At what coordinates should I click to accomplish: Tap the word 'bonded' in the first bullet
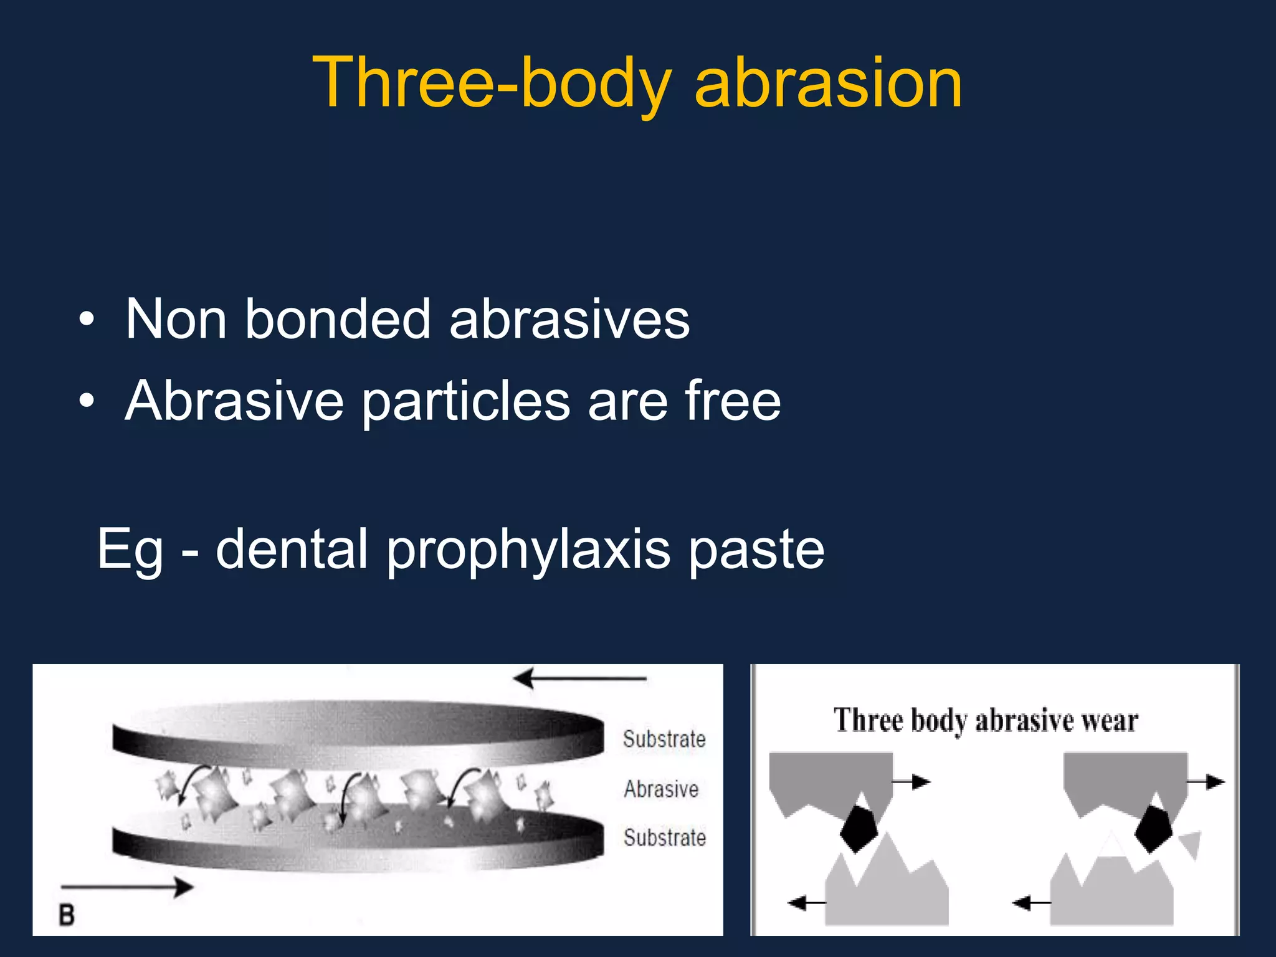tap(337, 319)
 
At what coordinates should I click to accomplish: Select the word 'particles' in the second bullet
tap(465, 402)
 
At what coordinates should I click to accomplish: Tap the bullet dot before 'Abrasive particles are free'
tap(87, 402)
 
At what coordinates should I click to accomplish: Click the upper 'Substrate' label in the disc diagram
tap(664, 740)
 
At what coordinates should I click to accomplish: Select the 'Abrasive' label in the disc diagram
tap(661, 789)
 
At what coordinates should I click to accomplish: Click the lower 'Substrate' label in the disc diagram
tap(665, 838)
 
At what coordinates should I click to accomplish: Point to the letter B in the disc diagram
tap(67, 915)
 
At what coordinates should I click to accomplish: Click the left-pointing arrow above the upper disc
tap(579, 678)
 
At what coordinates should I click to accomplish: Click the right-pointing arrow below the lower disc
tap(128, 887)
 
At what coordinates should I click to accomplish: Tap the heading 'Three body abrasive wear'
tap(986, 721)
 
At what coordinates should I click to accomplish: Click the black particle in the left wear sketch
tap(859, 828)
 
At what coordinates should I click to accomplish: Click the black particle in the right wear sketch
tap(1153, 828)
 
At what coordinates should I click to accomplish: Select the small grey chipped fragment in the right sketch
tap(1191, 844)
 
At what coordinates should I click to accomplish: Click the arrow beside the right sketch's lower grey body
tap(1031, 902)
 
